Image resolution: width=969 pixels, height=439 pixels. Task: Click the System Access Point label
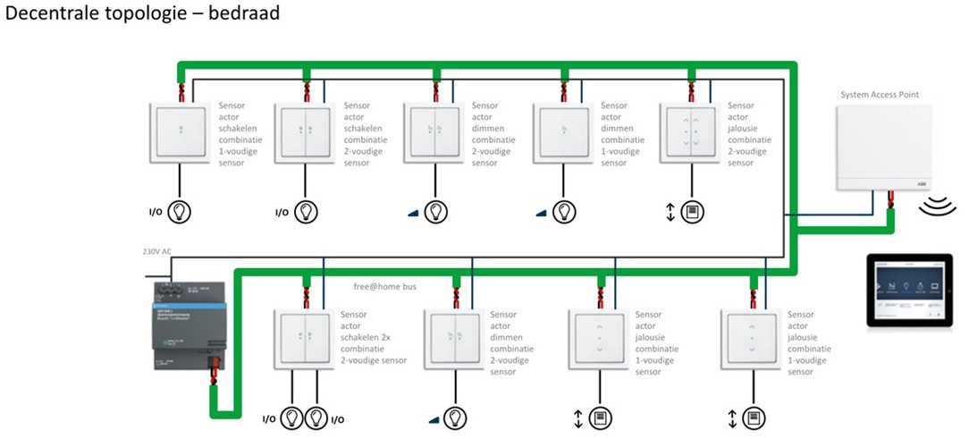point(879,94)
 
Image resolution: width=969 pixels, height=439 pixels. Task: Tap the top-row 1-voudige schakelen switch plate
point(181,132)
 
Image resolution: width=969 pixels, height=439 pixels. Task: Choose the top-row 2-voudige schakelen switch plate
point(306,132)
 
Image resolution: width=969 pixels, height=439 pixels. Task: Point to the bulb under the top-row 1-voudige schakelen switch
point(181,212)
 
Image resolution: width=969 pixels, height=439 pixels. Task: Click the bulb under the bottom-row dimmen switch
point(455,418)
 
